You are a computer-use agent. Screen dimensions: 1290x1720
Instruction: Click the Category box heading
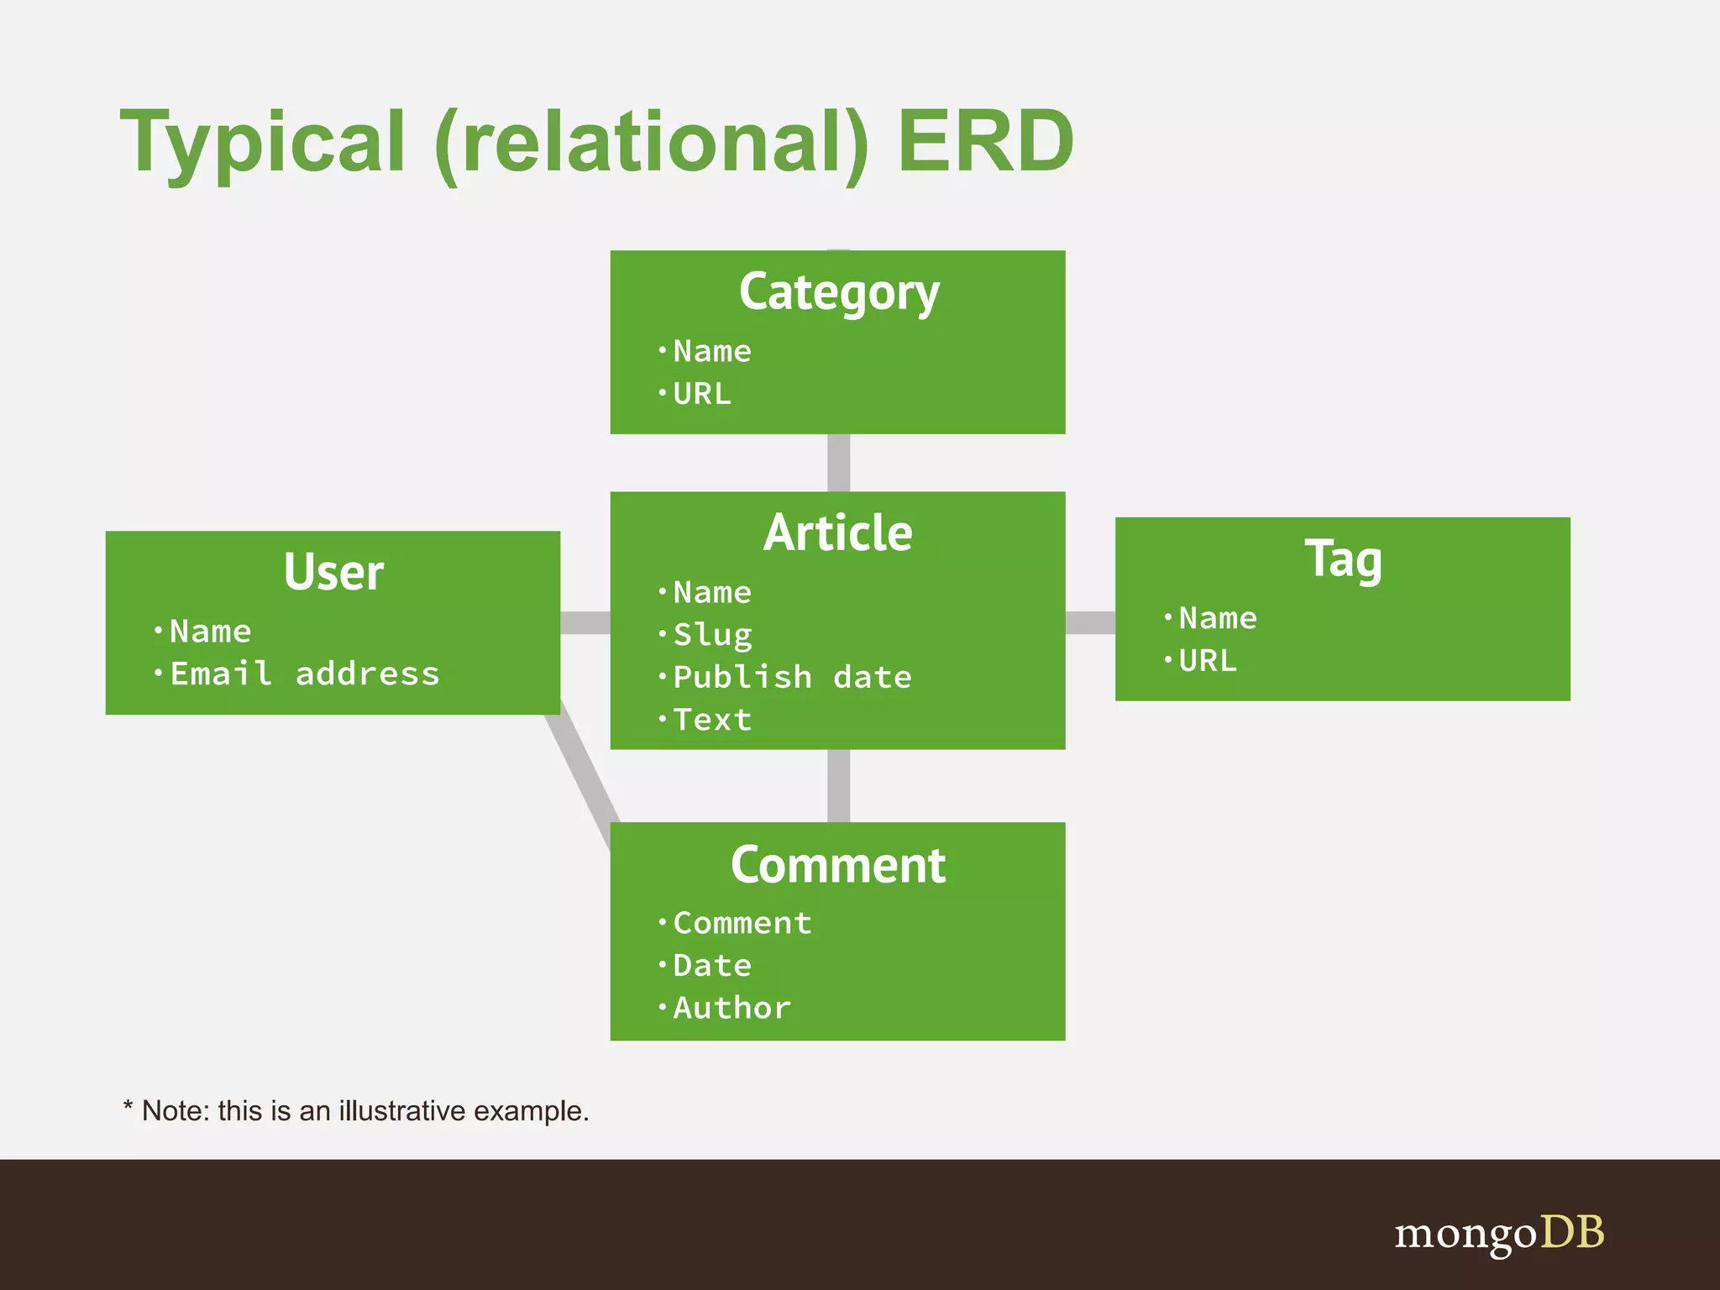(838, 293)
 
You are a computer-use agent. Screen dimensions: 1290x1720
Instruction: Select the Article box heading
(837, 533)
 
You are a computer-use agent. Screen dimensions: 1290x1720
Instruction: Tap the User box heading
(333, 573)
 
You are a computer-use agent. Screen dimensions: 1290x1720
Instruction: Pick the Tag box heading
(1342, 559)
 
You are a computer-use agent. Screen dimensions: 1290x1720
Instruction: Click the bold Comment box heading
(837, 865)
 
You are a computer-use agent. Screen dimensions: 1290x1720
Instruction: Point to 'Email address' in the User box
(304, 674)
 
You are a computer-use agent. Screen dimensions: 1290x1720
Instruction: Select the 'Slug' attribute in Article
(712, 635)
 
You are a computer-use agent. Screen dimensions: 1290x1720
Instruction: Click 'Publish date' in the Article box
(792, 677)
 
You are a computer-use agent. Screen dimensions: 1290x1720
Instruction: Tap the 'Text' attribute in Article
(712, 720)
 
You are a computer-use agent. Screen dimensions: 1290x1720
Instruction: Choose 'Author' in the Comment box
(732, 1008)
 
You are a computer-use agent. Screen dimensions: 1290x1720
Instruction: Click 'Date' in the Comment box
(712, 966)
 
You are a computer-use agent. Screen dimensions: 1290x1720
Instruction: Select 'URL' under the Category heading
(702, 394)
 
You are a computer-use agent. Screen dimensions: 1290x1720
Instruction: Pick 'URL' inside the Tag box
(1208, 661)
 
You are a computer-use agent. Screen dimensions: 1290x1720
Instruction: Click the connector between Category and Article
(838, 463)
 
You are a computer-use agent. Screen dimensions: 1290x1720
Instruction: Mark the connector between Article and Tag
(1090, 622)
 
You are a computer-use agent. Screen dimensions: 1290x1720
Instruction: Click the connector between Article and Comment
(838, 785)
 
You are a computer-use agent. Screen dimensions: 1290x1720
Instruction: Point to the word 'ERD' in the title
(985, 141)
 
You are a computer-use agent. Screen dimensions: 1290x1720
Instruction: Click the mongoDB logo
(1499, 1233)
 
